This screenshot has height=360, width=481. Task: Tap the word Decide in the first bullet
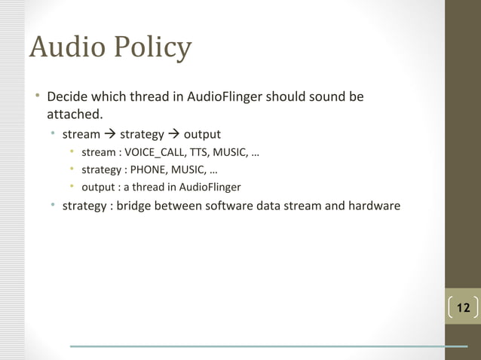(x=67, y=99)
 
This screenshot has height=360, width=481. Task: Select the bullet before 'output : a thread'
(x=72, y=188)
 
